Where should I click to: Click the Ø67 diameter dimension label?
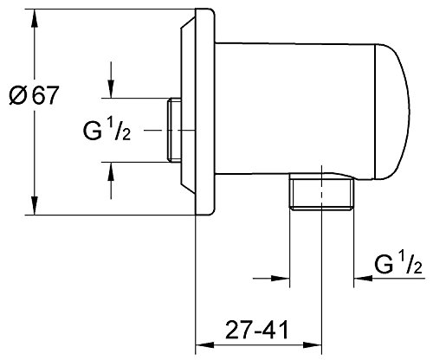(x=34, y=95)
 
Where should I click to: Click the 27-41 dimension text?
(x=257, y=331)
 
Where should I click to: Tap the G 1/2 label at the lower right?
(x=398, y=262)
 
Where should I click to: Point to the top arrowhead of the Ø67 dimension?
(x=35, y=18)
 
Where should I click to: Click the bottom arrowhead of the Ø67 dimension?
(x=35, y=206)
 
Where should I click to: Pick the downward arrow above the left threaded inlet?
(x=111, y=80)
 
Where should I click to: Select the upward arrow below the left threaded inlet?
(x=111, y=181)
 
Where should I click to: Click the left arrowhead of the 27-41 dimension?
(x=205, y=345)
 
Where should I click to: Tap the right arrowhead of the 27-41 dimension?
(x=313, y=345)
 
